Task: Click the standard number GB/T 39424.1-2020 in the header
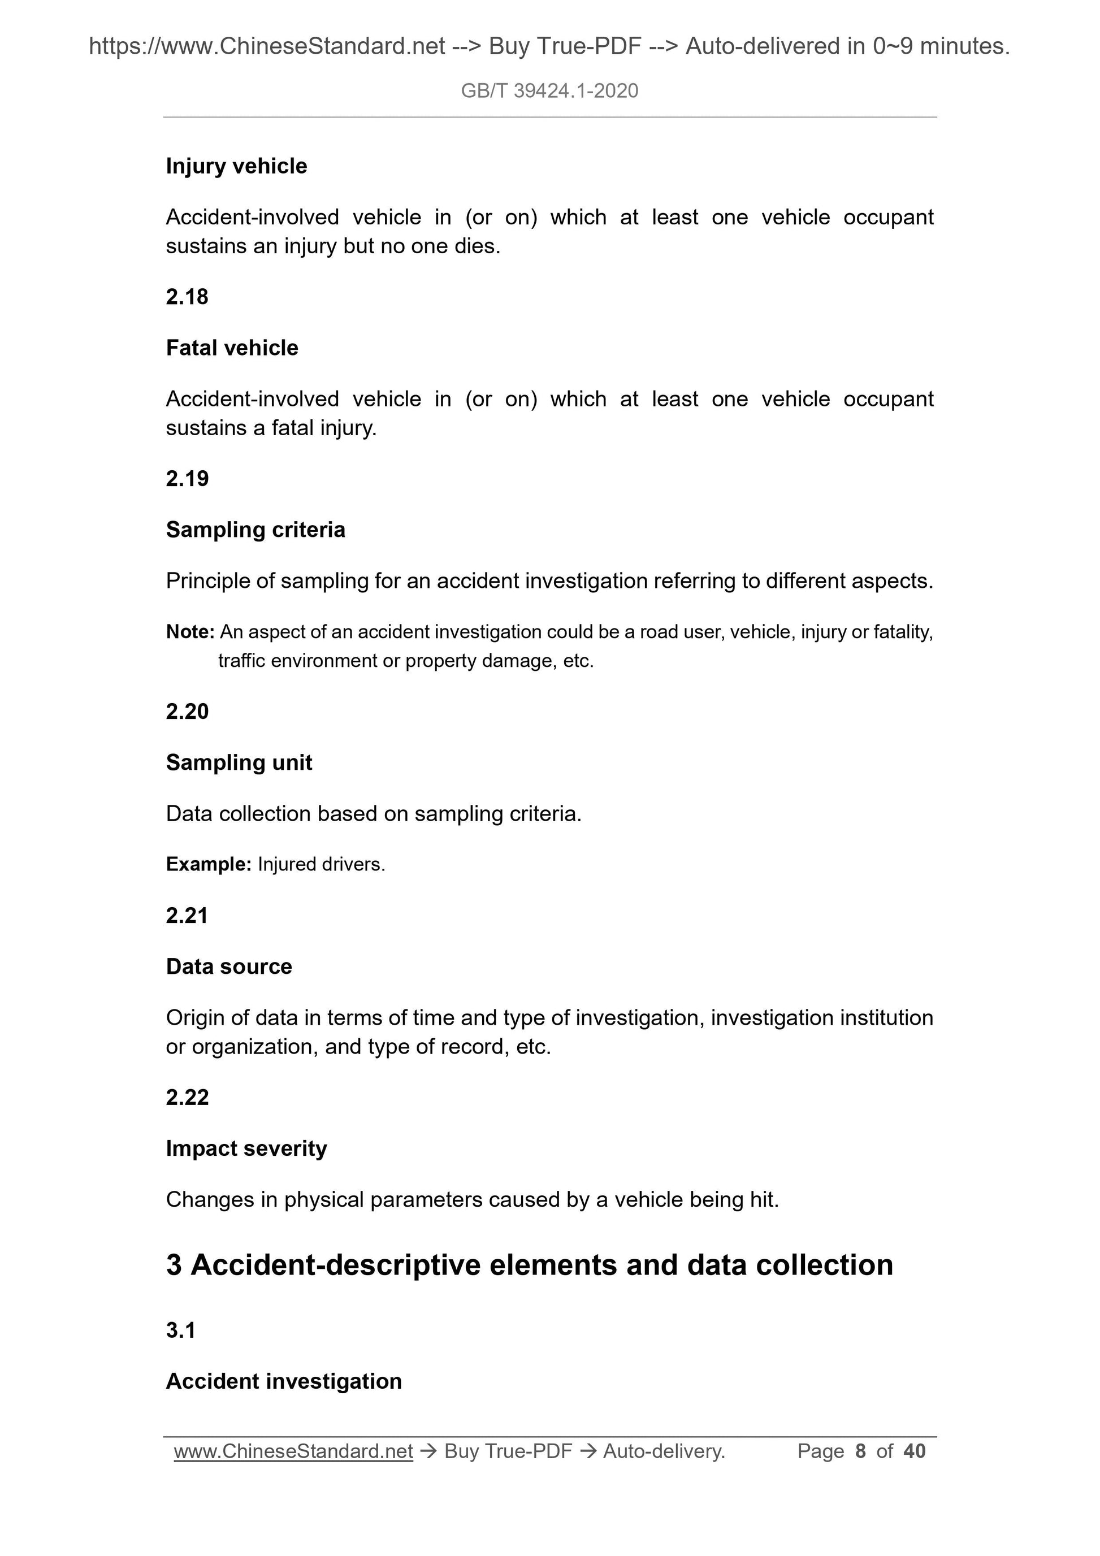click(x=549, y=91)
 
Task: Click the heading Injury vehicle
click(x=236, y=166)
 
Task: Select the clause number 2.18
click(x=187, y=297)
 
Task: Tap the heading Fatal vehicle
click(x=232, y=348)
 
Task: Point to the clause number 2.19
click(x=187, y=479)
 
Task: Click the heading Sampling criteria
click(x=255, y=529)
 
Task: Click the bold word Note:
click(x=190, y=632)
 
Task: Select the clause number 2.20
click(x=187, y=711)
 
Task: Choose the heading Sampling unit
click(x=239, y=762)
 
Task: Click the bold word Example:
click(x=209, y=864)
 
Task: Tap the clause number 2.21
click(x=187, y=916)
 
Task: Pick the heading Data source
click(x=228, y=966)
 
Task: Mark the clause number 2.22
click(x=187, y=1097)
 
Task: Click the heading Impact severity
click(x=246, y=1148)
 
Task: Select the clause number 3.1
click(x=180, y=1330)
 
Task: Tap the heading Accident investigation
click(x=283, y=1381)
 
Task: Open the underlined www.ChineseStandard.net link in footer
click(x=293, y=1451)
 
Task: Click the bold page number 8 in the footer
click(x=861, y=1451)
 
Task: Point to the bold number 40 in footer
click(x=914, y=1451)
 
